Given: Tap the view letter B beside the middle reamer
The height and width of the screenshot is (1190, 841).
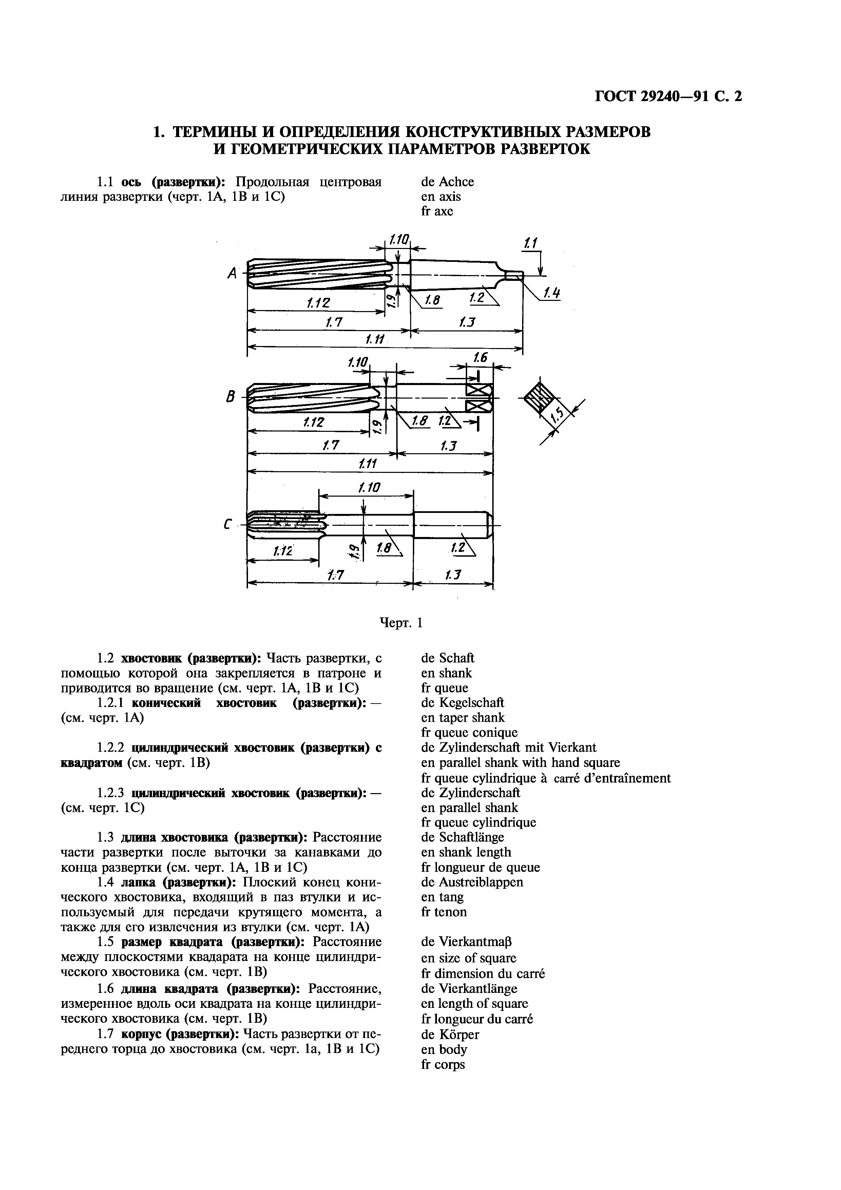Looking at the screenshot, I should pyautogui.click(x=231, y=398).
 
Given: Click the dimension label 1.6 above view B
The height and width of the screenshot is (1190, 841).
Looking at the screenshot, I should pyautogui.click(x=480, y=357).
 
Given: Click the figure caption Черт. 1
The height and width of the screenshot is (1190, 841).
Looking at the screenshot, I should pyautogui.click(x=402, y=622).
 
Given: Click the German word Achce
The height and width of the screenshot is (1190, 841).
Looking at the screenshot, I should pyautogui.click(x=456, y=182).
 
